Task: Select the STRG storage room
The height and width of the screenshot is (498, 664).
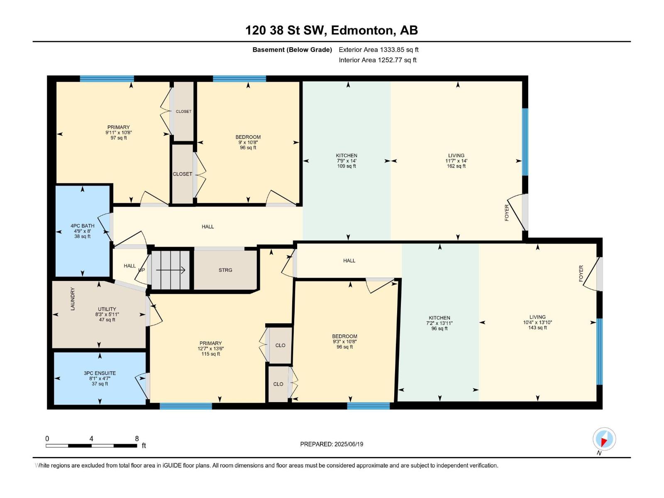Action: (x=225, y=270)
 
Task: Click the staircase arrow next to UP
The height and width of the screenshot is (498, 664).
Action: (x=171, y=270)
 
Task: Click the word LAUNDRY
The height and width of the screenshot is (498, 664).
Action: (x=73, y=299)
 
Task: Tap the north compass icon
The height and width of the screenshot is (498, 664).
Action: (x=604, y=439)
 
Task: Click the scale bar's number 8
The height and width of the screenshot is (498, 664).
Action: (x=137, y=439)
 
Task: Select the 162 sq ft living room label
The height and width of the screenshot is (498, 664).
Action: (x=456, y=161)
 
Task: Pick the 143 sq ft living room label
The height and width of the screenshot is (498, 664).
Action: (x=537, y=322)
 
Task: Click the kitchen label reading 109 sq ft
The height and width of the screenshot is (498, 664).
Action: (x=347, y=161)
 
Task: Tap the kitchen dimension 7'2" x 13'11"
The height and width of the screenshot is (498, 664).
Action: (x=439, y=323)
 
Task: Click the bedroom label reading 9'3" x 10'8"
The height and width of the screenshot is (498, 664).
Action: (x=344, y=342)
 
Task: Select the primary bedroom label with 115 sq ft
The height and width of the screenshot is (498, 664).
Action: (x=210, y=349)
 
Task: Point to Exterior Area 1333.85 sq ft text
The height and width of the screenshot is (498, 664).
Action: (x=378, y=50)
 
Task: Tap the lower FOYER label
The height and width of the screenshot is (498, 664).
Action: (x=581, y=273)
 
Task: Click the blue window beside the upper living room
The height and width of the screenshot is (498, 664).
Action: (x=525, y=142)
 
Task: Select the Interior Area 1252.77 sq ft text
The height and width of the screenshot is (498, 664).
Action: (x=377, y=60)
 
